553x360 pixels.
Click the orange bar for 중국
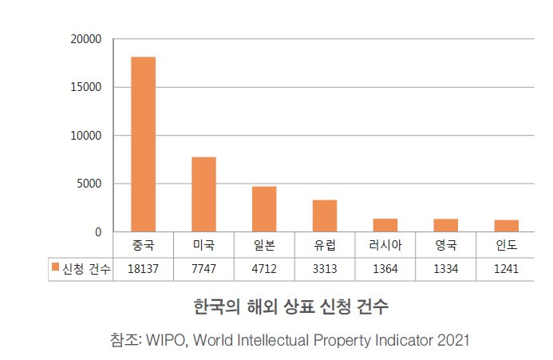(x=144, y=144)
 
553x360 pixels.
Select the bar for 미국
(x=203, y=195)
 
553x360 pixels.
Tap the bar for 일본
(x=264, y=209)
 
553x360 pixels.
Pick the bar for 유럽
(x=325, y=216)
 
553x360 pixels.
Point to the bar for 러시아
(x=385, y=225)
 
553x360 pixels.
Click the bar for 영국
(x=445, y=225)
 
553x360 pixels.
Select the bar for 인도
(x=506, y=226)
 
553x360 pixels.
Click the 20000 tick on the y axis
(x=86, y=39)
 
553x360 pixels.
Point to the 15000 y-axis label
(x=86, y=87)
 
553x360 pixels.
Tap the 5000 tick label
(x=89, y=184)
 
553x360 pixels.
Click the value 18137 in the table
(x=144, y=269)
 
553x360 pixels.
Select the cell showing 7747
(x=203, y=269)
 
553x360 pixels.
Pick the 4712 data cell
(x=264, y=269)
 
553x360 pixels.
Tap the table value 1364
(x=385, y=269)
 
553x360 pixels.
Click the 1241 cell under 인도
(x=506, y=269)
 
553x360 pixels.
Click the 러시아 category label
(x=385, y=245)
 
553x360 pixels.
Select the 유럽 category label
(x=325, y=245)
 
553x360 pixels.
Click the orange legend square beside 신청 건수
(x=55, y=268)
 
